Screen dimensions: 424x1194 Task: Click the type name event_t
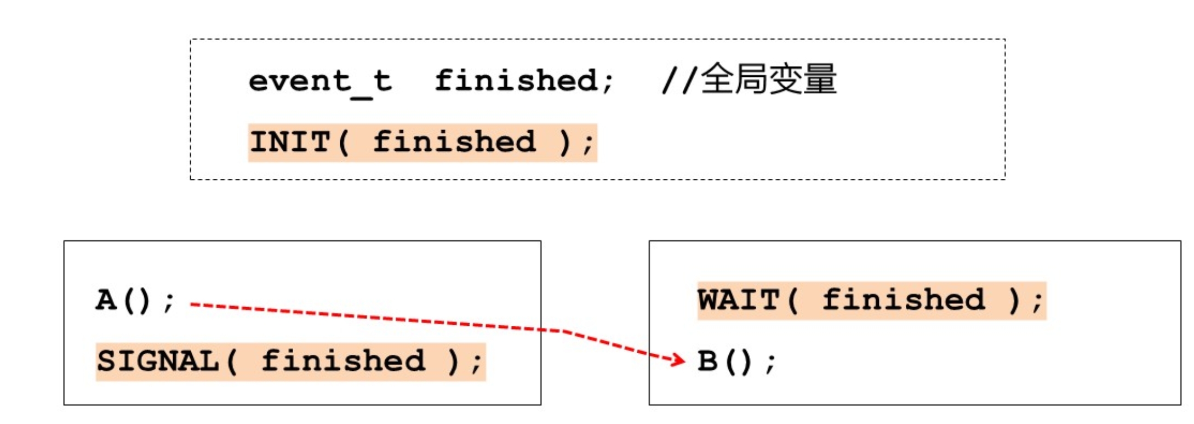pyautogui.click(x=320, y=81)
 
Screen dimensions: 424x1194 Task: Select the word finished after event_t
pyautogui.click(x=516, y=81)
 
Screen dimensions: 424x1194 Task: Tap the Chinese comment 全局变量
pyautogui.click(x=768, y=80)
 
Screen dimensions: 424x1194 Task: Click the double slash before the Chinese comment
pyautogui.click(x=679, y=81)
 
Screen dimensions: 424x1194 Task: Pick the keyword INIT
pyautogui.click(x=290, y=142)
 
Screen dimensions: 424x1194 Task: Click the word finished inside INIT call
pyautogui.click(x=454, y=142)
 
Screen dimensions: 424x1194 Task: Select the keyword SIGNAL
pyautogui.click(x=158, y=361)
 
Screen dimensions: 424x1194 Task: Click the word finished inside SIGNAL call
pyautogui.click(x=343, y=361)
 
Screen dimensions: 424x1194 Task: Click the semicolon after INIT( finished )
pyautogui.click(x=589, y=144)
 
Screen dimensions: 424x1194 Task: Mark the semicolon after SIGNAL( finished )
pyautogui.click(x=477, y=363)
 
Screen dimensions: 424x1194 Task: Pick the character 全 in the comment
pyautogui.click(x=717, y=80)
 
